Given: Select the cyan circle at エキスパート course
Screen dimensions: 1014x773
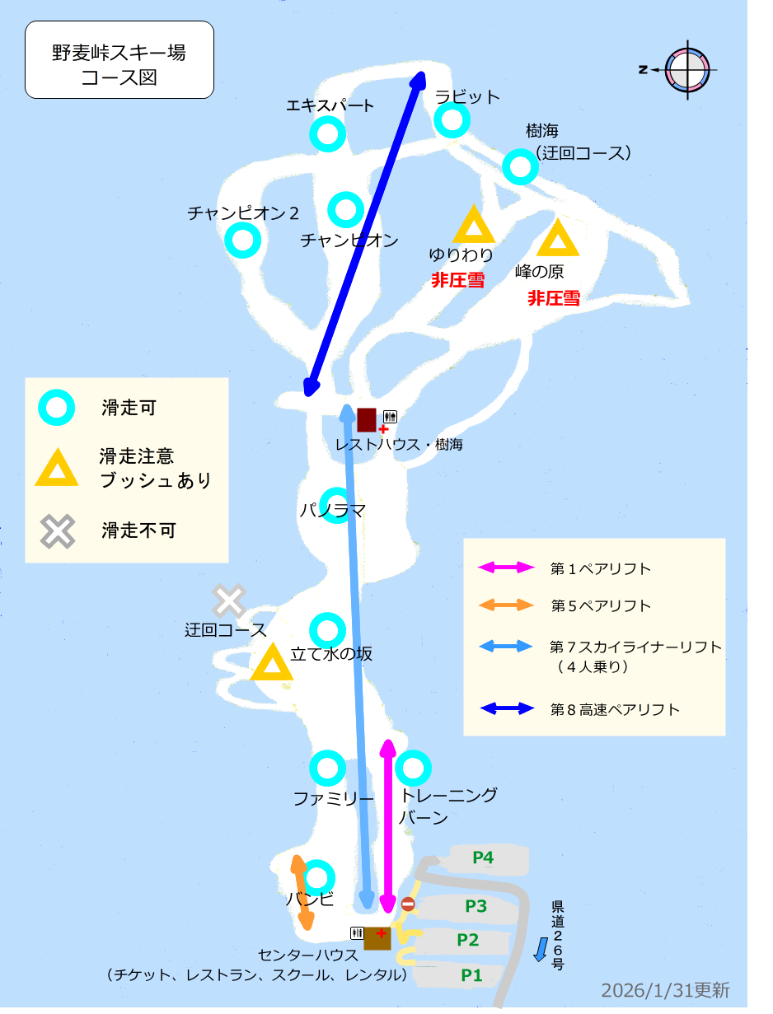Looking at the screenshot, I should [x=327, y=134].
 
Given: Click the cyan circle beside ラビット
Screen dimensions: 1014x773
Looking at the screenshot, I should [x=452, y=121].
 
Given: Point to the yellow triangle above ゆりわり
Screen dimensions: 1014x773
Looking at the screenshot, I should [x=474, y=226].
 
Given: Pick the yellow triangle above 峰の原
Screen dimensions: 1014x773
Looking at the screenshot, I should [x=558, y=239].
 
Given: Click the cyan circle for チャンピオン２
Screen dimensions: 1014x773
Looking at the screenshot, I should [x=243, y=241].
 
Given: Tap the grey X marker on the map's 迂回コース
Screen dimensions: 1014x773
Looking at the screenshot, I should [x=229, y=601].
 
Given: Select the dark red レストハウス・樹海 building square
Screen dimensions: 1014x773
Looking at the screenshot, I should [x=367, y=419].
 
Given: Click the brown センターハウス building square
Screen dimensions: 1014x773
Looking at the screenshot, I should [x=377, y=937].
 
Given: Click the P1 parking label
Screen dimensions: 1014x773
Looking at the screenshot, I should [x=471, y=975].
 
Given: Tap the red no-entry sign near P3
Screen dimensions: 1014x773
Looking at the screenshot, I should [x=408, y=904].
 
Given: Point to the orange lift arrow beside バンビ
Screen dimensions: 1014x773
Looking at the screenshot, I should [x=302, y=893].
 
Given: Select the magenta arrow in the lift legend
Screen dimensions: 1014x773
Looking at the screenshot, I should [x=507, y=568].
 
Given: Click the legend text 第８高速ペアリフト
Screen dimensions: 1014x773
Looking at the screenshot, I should [x=615, y=709].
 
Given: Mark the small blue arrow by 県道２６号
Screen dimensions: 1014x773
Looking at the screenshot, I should [x=540, y=949].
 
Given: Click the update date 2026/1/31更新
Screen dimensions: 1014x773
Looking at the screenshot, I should [x=665, y=989].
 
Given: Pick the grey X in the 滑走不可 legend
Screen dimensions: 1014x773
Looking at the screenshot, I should [x=58, y=531].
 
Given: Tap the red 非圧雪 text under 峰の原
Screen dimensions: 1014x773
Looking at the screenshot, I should [x=554, y=298].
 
